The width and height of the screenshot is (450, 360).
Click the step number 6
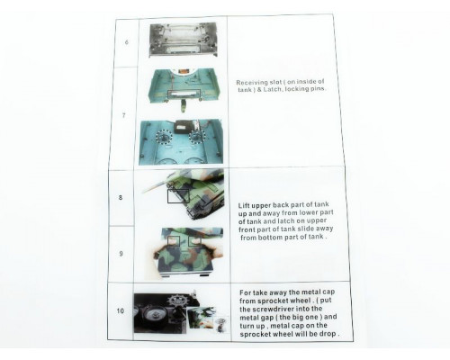click(127, 42)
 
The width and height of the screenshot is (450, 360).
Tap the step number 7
click(124, 115)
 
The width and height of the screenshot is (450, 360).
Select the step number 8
click(121, 197)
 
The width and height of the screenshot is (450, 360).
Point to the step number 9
click(121, 254)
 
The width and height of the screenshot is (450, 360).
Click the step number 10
click(120, 310)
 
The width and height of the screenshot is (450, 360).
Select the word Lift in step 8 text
click(244, 206)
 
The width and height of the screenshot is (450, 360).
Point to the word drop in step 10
click(329, 334)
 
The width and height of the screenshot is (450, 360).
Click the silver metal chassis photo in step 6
click(183, 40)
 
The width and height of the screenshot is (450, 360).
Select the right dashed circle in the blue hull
click(197, 137)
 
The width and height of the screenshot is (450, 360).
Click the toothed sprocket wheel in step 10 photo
click(175, 301)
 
